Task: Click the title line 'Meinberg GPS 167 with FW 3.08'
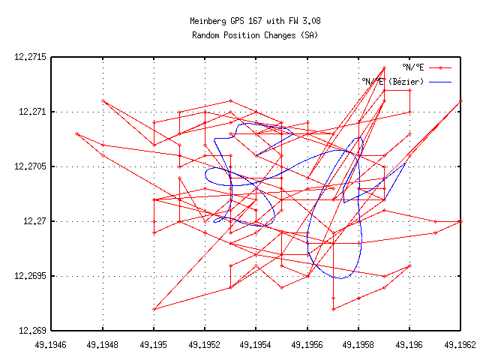point(255,22)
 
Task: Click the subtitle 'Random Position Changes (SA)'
point(255,34)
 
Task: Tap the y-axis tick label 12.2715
point(30,57)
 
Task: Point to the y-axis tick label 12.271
point(32,112)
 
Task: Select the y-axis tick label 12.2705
point(30,166)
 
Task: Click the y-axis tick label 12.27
point(35,221)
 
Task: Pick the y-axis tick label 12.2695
point(30,276)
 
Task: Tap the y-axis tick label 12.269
point(32,331)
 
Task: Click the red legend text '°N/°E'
point(413,67)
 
